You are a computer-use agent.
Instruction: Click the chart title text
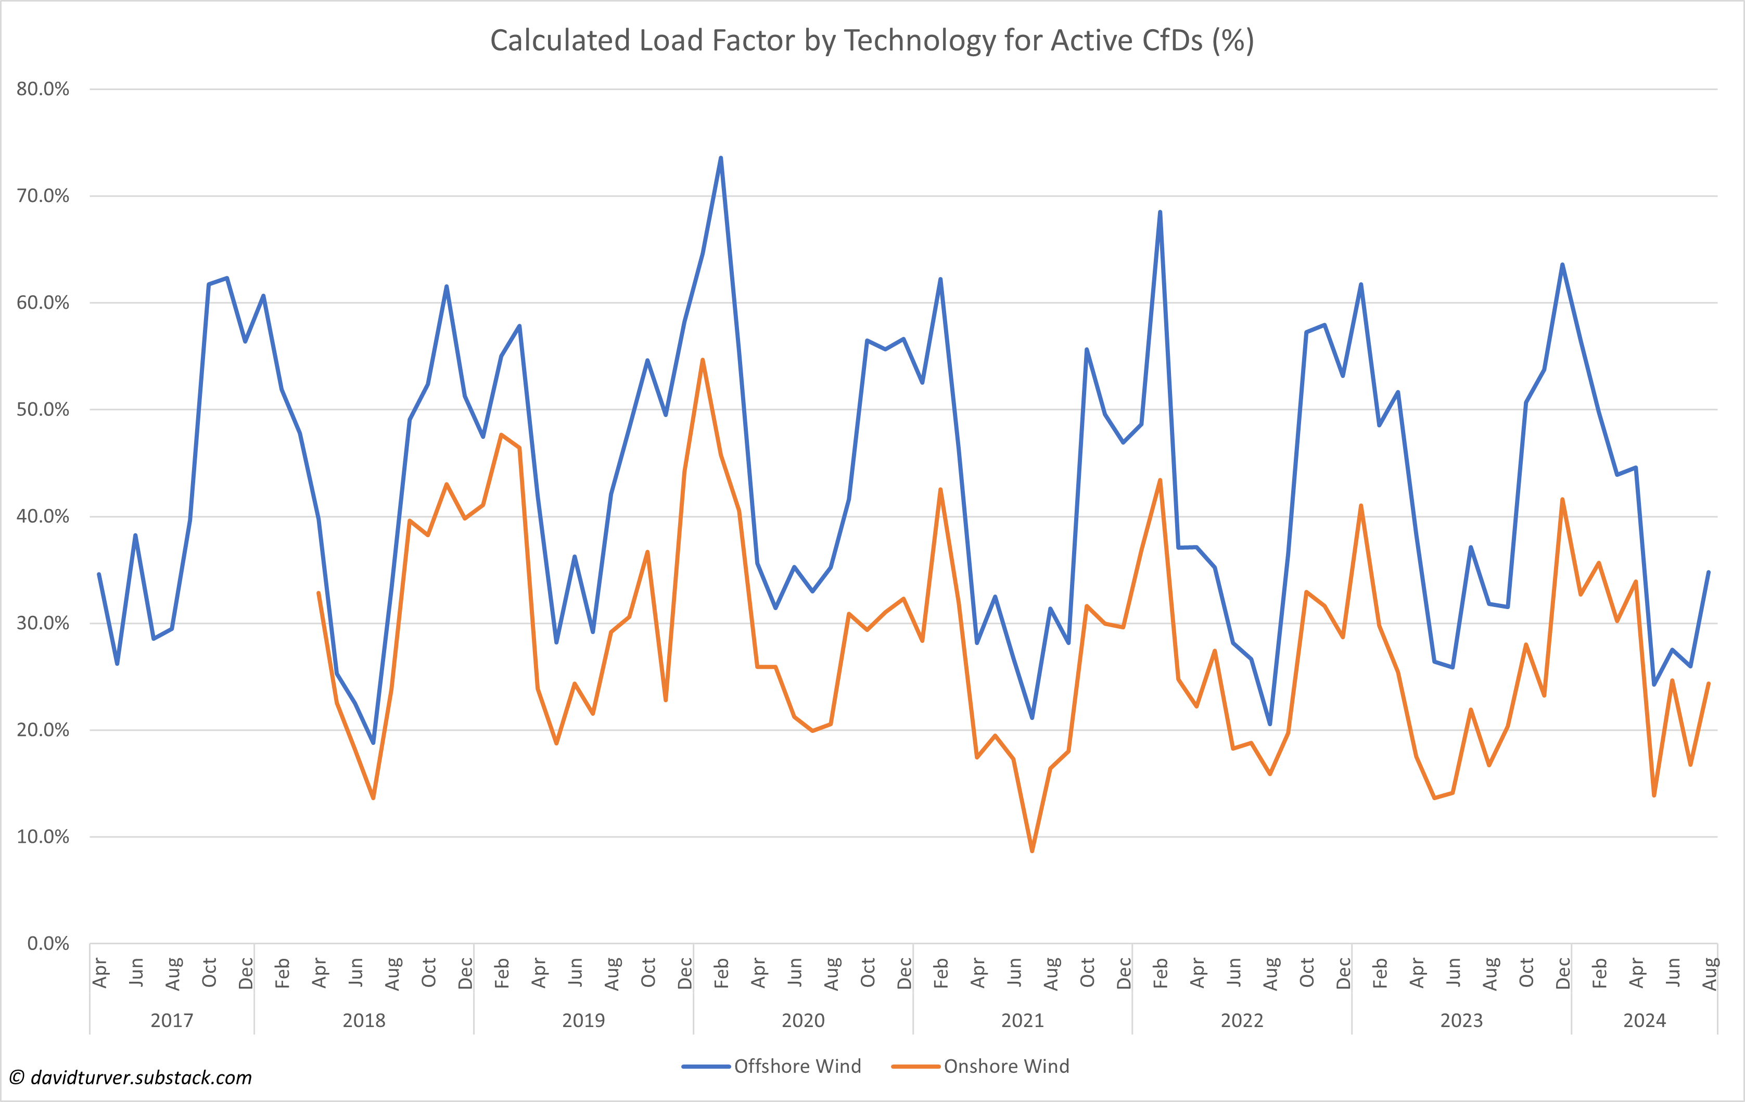[x=872, y=41]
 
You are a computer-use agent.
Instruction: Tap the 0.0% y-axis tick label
[x=48, y=944]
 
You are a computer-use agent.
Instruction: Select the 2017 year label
[x=172, y=1021]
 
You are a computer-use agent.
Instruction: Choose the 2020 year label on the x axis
[x=803, y=1021]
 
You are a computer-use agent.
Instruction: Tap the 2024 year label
[x=1644, y=1021]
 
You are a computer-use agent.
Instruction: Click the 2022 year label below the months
[x=1242, y=1021]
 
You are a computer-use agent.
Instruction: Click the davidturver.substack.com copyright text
[x=131, y=1078]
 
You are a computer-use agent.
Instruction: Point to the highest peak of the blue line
[x=720, y=157]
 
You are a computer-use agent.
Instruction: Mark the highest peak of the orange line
[x=702, y=360]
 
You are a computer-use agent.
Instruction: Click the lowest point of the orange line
[x=1032, y=851]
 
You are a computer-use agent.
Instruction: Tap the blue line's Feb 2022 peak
[x=1160, y=212]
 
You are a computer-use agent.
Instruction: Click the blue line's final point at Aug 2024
[x=1709, y=572]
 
